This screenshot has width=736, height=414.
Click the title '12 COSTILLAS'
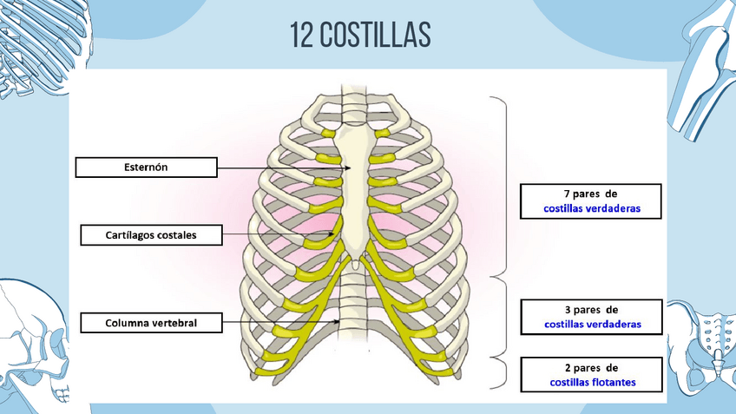click(360, 35)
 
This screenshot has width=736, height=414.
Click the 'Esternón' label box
click(146, 168)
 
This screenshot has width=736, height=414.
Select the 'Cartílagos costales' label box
click(151, 234)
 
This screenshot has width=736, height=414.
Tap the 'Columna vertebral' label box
click(151, 323)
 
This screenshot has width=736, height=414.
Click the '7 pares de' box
click(590, 200)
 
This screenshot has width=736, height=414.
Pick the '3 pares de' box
click(592, 317)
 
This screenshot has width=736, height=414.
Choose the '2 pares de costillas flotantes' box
click(592, 373)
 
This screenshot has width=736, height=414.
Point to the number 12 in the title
click(301, 35)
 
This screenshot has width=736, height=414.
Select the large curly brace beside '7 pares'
click(503, 187)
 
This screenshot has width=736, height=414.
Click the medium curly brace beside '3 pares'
click(503, 317)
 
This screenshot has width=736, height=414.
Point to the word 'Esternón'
click(146, 168)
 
